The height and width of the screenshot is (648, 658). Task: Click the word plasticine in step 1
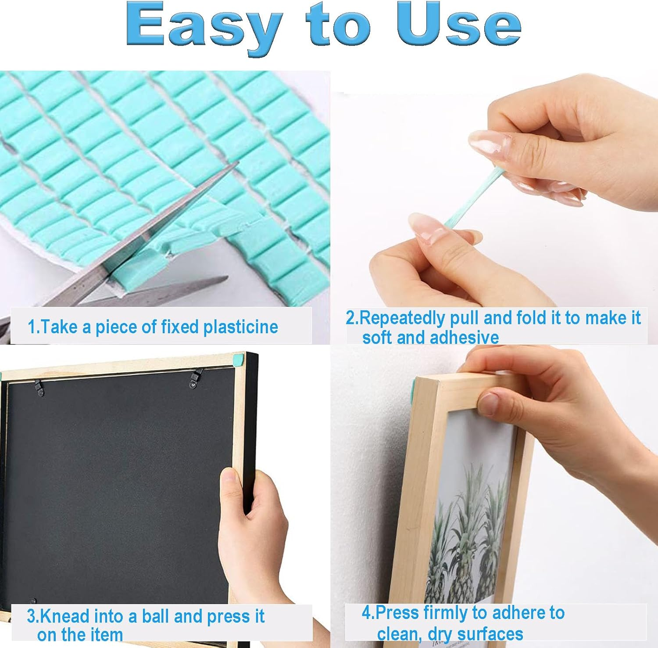[x=240, y=327]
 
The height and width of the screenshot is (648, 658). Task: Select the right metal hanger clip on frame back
[x=196, y=378]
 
